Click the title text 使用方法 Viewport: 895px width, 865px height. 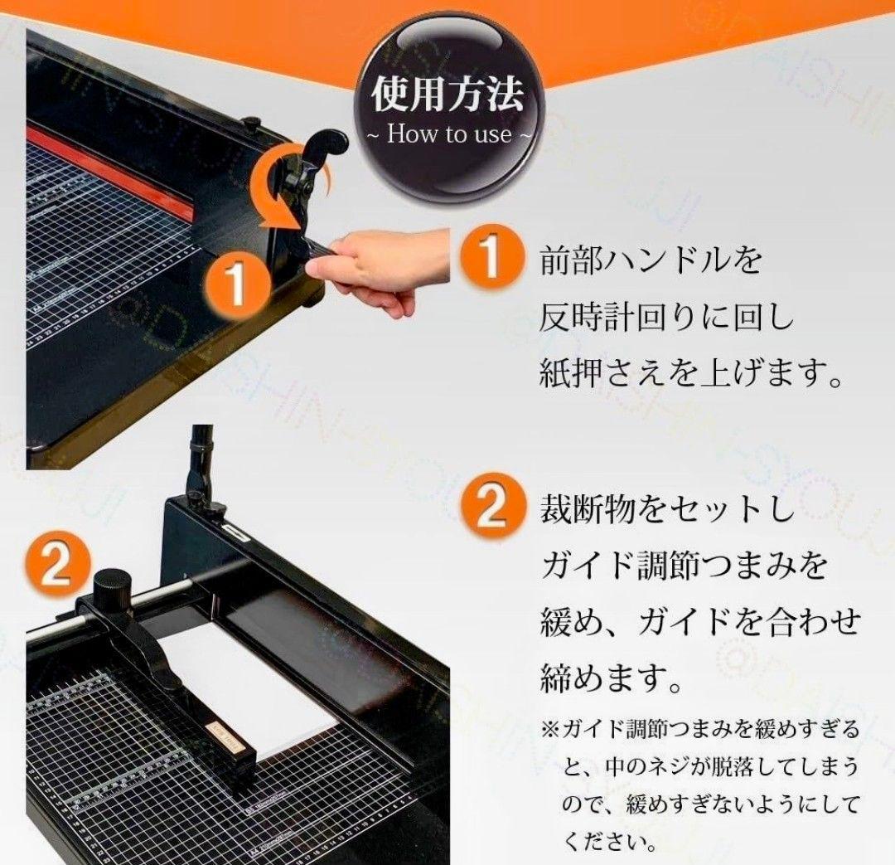coord(447,95)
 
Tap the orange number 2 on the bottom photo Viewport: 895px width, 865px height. coord(57,569)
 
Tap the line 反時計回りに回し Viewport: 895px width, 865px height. coord(666,317)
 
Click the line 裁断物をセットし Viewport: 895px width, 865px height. coord(666,509)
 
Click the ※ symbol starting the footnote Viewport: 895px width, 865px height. coord(550,731)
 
